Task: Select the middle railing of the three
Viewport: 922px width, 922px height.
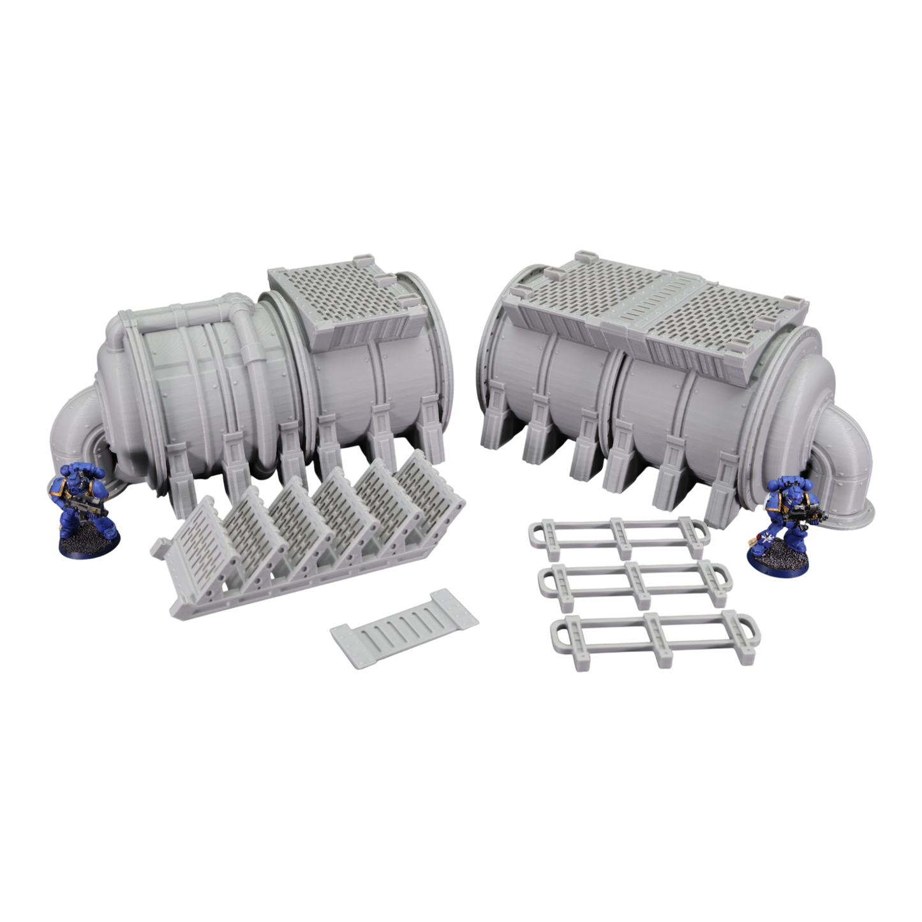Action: coord(636,582)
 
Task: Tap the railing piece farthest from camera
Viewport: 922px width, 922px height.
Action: coord(615,534)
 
